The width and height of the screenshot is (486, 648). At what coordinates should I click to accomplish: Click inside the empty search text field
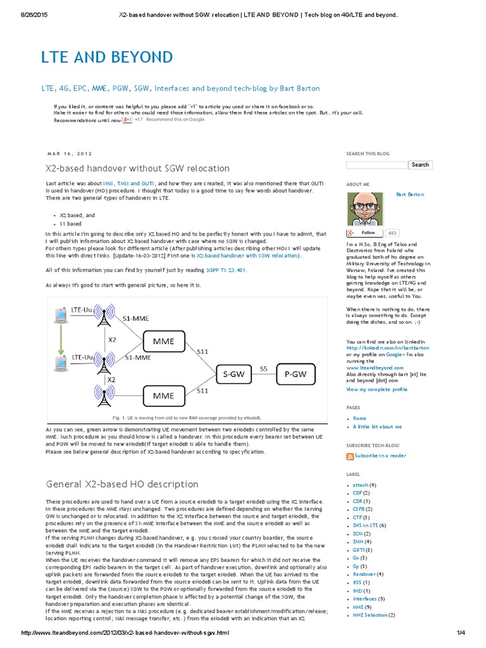tap(377, 165)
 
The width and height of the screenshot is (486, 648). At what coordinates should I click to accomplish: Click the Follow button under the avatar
tap(365, 233)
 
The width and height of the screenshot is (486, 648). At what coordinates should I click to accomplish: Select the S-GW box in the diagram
tap(235, 375)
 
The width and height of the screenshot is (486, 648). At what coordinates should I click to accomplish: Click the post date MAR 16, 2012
tap(70, 153)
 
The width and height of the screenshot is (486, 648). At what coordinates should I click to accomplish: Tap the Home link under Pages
tap(359, 418)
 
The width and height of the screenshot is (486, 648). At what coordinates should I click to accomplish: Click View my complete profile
tap(377, 389)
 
